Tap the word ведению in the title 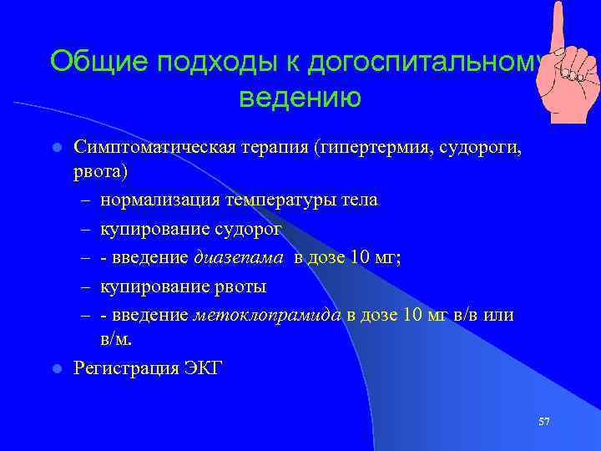(300, 98)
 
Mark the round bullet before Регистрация (57, 368)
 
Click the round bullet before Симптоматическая (57, 148)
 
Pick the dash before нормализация (85, 201)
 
